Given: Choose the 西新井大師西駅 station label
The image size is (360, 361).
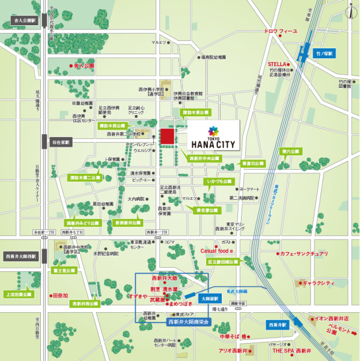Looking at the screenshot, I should tap(22, 255).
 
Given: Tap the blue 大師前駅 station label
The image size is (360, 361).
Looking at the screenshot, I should tap(209, 298).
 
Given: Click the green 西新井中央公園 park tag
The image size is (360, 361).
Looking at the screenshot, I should tap(204, 159).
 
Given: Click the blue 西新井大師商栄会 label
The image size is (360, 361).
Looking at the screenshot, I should tap(187, 322).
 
